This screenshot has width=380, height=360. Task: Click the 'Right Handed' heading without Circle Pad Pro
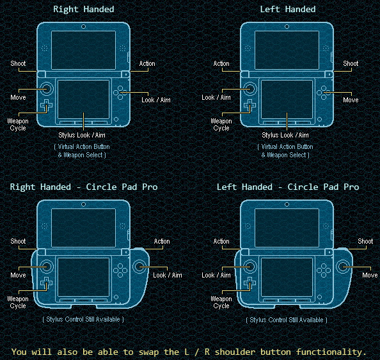[84, 9]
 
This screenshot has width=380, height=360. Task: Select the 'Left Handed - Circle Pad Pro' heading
[288, 187]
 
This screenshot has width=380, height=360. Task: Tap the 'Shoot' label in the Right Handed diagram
[18, 63]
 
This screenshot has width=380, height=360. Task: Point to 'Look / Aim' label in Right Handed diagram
[157, 100]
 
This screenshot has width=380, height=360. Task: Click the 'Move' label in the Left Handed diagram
[351, 100]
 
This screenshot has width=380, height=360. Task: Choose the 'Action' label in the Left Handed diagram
[221, 63]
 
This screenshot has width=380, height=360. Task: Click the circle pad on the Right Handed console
[47, 88]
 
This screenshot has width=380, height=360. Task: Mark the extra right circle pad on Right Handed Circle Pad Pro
[141, 266]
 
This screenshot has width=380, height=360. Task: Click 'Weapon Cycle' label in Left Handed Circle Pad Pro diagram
[221, 302]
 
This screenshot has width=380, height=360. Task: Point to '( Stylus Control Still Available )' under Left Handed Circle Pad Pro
[287, 319]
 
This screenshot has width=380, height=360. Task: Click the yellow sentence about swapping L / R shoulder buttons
[189, 352]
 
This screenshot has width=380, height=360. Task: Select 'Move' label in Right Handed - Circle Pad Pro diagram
[18, 275]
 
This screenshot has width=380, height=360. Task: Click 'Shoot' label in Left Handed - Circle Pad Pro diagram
[365, 241]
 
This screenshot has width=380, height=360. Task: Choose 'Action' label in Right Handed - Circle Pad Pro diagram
[162, 241]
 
